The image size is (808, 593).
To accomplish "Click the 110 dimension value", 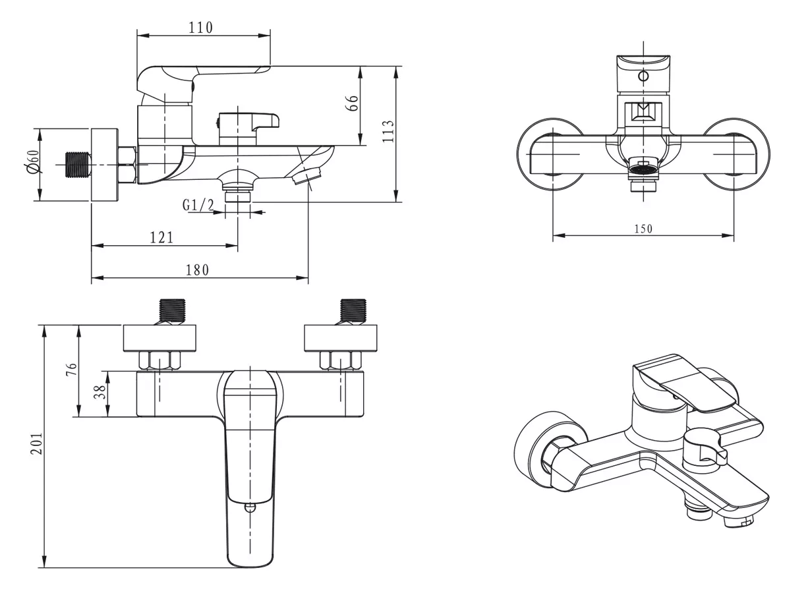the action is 201,28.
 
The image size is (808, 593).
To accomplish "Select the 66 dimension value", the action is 353,103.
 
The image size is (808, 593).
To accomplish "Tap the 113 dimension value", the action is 388,131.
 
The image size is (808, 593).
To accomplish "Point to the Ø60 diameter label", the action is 32,161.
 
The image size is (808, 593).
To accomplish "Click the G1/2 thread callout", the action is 198,205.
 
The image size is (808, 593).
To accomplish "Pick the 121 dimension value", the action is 161,237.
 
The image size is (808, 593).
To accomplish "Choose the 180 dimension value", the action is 197,269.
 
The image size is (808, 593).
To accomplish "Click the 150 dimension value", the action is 643,229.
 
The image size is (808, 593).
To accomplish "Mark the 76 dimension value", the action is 71,370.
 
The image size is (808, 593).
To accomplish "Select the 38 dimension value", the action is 100,391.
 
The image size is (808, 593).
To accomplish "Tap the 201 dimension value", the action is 36,443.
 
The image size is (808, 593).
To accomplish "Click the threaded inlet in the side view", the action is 78,165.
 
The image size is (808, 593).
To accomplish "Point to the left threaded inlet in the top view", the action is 173,311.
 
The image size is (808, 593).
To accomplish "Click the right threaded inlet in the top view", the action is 353,311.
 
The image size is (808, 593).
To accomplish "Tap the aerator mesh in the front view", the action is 643,169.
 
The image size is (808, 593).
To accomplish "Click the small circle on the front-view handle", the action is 643,76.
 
